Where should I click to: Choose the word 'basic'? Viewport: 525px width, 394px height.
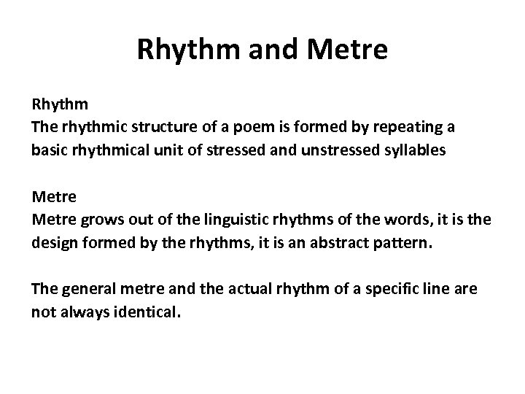coord(49,151)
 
